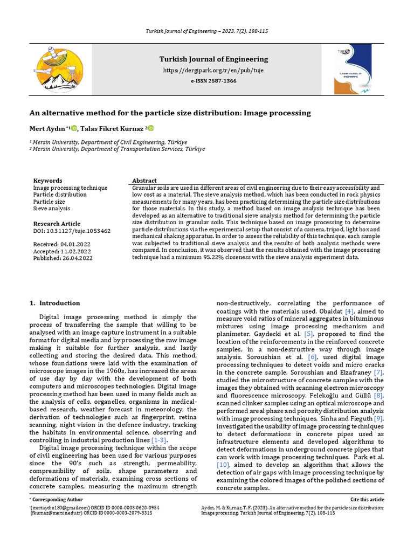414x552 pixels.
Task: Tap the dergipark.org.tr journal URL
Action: click(x=213, y=71)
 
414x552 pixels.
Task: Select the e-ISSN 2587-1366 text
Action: click(x=213, y=81)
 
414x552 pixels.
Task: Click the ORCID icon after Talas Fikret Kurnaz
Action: click(x=151, y=128)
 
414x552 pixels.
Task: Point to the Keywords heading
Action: click(x=47, y=181)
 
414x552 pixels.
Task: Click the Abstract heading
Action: click(x=144, y=181)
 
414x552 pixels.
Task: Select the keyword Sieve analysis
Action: click(x=51, y=208)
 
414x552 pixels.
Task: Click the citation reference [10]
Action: click(x=223, y=464)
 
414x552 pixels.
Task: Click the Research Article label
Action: click(x=57, y=224)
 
